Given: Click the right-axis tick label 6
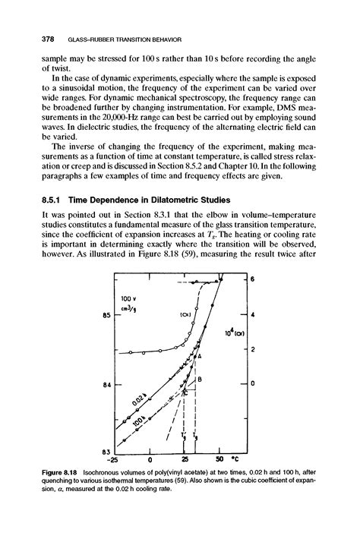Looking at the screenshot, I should coord(253,279).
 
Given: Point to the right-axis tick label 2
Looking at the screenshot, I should coord(253,348).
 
